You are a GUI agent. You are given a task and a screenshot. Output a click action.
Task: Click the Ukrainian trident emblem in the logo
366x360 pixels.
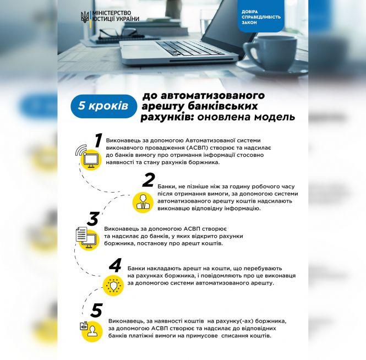click(85, 17)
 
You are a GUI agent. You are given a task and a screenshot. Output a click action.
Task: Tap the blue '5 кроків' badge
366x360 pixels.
click(103, 106)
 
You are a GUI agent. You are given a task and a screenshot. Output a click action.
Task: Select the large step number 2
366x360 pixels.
click(149, 180)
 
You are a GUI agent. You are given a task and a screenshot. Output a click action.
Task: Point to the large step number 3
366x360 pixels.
click(93, 219)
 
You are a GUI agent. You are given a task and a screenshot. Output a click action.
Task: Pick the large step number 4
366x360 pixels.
click(115, 265)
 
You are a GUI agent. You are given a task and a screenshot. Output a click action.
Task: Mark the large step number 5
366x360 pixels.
click(96, 310)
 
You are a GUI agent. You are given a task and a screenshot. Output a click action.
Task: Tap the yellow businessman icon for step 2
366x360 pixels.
click(143, 202)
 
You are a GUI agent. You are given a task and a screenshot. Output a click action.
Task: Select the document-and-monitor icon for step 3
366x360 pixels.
click(88, 238)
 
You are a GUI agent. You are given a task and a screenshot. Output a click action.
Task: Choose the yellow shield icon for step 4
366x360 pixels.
click(113, 285)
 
